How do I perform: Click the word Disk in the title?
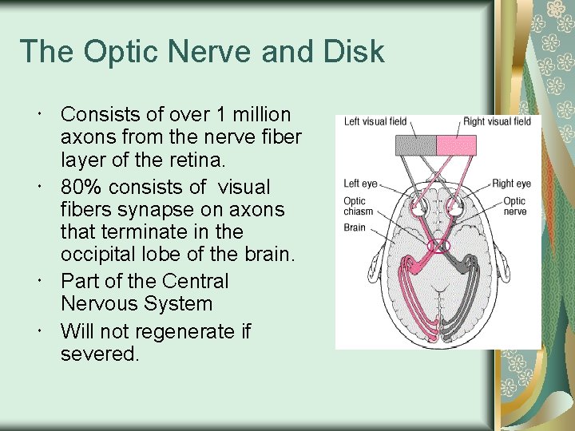point(353,52)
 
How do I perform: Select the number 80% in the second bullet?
point(83,187)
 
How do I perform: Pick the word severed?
point(99,354)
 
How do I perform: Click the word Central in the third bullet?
point(195,282)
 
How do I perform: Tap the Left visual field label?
point(375,122)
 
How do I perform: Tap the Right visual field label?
point(497,122)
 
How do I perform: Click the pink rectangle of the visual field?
point(456,145)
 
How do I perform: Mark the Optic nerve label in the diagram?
point(514,206)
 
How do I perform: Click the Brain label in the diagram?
point(355,227)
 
